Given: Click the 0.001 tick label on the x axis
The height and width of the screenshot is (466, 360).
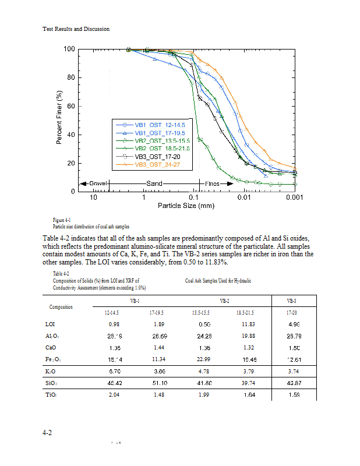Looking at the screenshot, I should pos(295,199).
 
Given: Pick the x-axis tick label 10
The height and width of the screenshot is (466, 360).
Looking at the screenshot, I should pos(93,199).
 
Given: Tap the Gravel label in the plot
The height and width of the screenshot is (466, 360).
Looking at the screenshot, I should pos(98,183).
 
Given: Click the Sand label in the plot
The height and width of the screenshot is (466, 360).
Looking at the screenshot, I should pos(154,183).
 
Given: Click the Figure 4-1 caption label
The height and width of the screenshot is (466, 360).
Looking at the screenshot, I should pos(61,220).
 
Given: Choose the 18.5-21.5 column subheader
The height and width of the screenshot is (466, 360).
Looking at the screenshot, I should pos(248,312).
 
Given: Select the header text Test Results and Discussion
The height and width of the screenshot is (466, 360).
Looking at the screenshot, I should pos(76,29).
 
